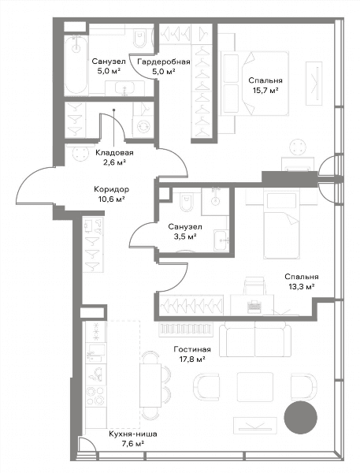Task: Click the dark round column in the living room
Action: [x=301, y=418]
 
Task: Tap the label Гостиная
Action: [x=192, y=349]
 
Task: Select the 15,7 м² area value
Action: [x=265, y=91]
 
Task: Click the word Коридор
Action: [x=112, y=189]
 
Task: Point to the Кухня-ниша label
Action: [x=133, y=434]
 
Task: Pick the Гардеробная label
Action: [x=164, y=61]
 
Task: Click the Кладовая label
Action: [x=114, y=153]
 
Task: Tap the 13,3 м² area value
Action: [x=302, y=287]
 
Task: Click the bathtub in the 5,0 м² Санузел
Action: [x=77, y=65]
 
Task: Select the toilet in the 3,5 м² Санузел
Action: [x=186, y=203]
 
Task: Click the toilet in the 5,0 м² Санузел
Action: [x=139, y=39]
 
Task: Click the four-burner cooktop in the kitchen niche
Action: [x=95, y=396]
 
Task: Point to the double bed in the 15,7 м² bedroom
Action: [x=255, y=84]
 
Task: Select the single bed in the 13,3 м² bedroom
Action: [x=282, y=224]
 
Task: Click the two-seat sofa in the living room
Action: [x=255, y=339]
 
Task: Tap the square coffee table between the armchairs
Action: [x=255, y=387]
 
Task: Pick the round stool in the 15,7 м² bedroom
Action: [x=299, y=147]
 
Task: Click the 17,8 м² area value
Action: [x=192, y=359]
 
